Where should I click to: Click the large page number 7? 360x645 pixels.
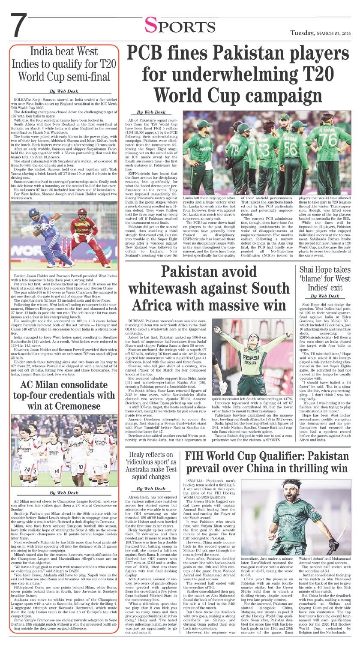(18, 26)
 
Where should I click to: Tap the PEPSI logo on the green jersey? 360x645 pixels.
(253, 358)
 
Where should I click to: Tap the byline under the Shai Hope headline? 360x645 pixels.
(325, 297)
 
